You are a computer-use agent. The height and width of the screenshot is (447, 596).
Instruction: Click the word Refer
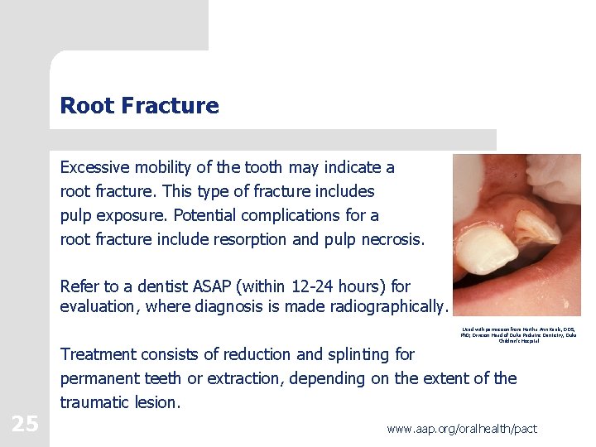(x=79, y=286)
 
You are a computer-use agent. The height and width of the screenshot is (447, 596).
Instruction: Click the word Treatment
(x=99, y=354)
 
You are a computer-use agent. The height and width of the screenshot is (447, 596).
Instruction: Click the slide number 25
(x=25, y=424)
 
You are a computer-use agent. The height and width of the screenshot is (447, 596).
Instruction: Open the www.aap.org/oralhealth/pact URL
(x=462, y=429)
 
